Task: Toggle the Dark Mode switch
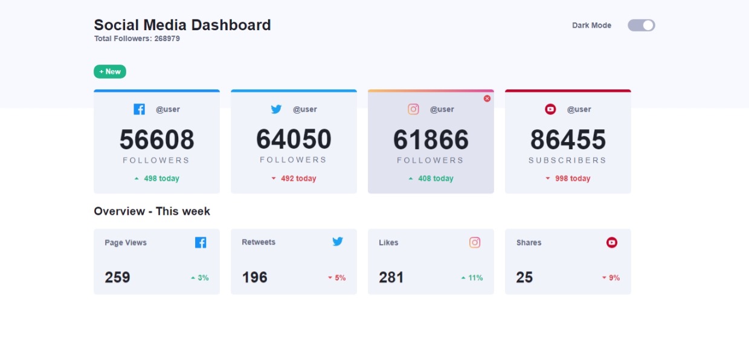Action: click(x=641, y=25)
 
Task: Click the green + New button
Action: click(x=110, y=71)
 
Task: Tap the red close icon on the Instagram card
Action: click(x=487, y=98)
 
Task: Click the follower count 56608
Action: click(x=156, y=140)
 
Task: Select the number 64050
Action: click(x=294, y=140)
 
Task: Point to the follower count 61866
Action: click(x=431, y=140)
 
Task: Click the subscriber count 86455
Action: click(x=568, y=140)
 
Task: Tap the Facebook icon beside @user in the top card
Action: click(x=139, y=109)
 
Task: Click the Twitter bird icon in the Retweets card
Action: click(x=338, y=242)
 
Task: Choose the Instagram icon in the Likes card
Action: click(x=475, y=242)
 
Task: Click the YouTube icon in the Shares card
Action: click(x=612, y=242)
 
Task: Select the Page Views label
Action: click(x=126, y=243)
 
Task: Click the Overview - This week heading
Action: click(x=152, y=211)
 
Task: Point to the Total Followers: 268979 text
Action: click(x=137, y=39)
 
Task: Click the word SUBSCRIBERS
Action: click(x=567, y=160)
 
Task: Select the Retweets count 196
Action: click(x=254, y=277)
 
